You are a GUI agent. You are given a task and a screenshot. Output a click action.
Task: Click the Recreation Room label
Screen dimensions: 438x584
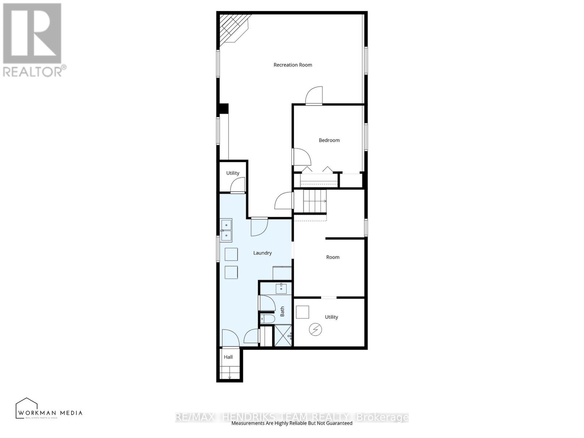click(293, 65)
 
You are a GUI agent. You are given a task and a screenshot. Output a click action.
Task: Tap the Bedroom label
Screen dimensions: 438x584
click(329, 140)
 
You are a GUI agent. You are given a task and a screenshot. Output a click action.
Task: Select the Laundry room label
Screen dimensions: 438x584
click(262, 253)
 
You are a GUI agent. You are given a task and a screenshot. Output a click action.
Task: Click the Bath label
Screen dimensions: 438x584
click(282, 311)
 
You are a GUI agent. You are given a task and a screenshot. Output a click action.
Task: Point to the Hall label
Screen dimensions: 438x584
click(228, 357)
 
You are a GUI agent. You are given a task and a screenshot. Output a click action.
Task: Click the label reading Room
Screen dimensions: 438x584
click(333, 257)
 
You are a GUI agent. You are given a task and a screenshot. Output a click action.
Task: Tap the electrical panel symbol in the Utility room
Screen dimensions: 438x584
click(315, 330)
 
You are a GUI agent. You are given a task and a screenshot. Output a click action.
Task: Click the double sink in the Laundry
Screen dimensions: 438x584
click(226, 231)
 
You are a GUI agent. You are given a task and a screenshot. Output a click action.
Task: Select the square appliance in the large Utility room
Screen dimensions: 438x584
click(302, 312)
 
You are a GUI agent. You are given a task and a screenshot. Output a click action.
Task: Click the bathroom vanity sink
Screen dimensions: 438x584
click(281, 289)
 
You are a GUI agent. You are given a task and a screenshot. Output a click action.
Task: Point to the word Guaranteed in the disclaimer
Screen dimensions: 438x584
click(338, 423)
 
